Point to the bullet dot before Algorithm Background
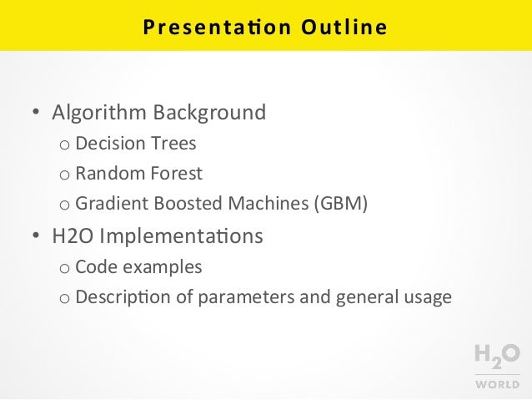pos(36,114)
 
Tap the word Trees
pos(173,144)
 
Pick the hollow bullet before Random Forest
pos(64,175)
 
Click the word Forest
pos(175,174)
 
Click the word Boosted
pos(175,205)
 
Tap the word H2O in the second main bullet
pos(73,236)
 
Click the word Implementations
pos(181,237)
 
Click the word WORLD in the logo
pos(498,385)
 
